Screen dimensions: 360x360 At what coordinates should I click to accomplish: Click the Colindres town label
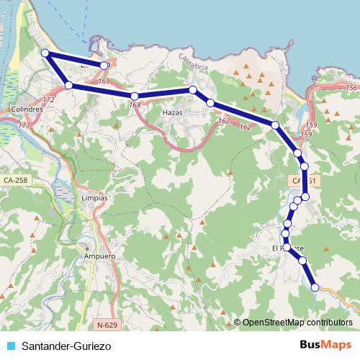coord(29,110)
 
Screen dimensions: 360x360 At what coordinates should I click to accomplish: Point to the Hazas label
coord(174,113)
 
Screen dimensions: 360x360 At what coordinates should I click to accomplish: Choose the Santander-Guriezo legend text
coord(66,346)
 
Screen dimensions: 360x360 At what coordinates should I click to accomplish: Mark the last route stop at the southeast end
coord(315,288)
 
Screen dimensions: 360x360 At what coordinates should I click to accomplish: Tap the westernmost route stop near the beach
coord(45,53)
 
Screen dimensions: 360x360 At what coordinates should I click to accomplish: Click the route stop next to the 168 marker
coord(135,96)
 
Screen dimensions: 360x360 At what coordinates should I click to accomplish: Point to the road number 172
coord(49,99)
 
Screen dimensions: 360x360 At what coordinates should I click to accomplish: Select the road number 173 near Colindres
coord(24,125)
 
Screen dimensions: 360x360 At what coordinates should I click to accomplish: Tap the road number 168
coord(135,106)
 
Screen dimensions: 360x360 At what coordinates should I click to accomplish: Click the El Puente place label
coord(284,248)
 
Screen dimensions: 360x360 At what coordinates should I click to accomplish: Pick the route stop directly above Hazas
coord(193,89)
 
